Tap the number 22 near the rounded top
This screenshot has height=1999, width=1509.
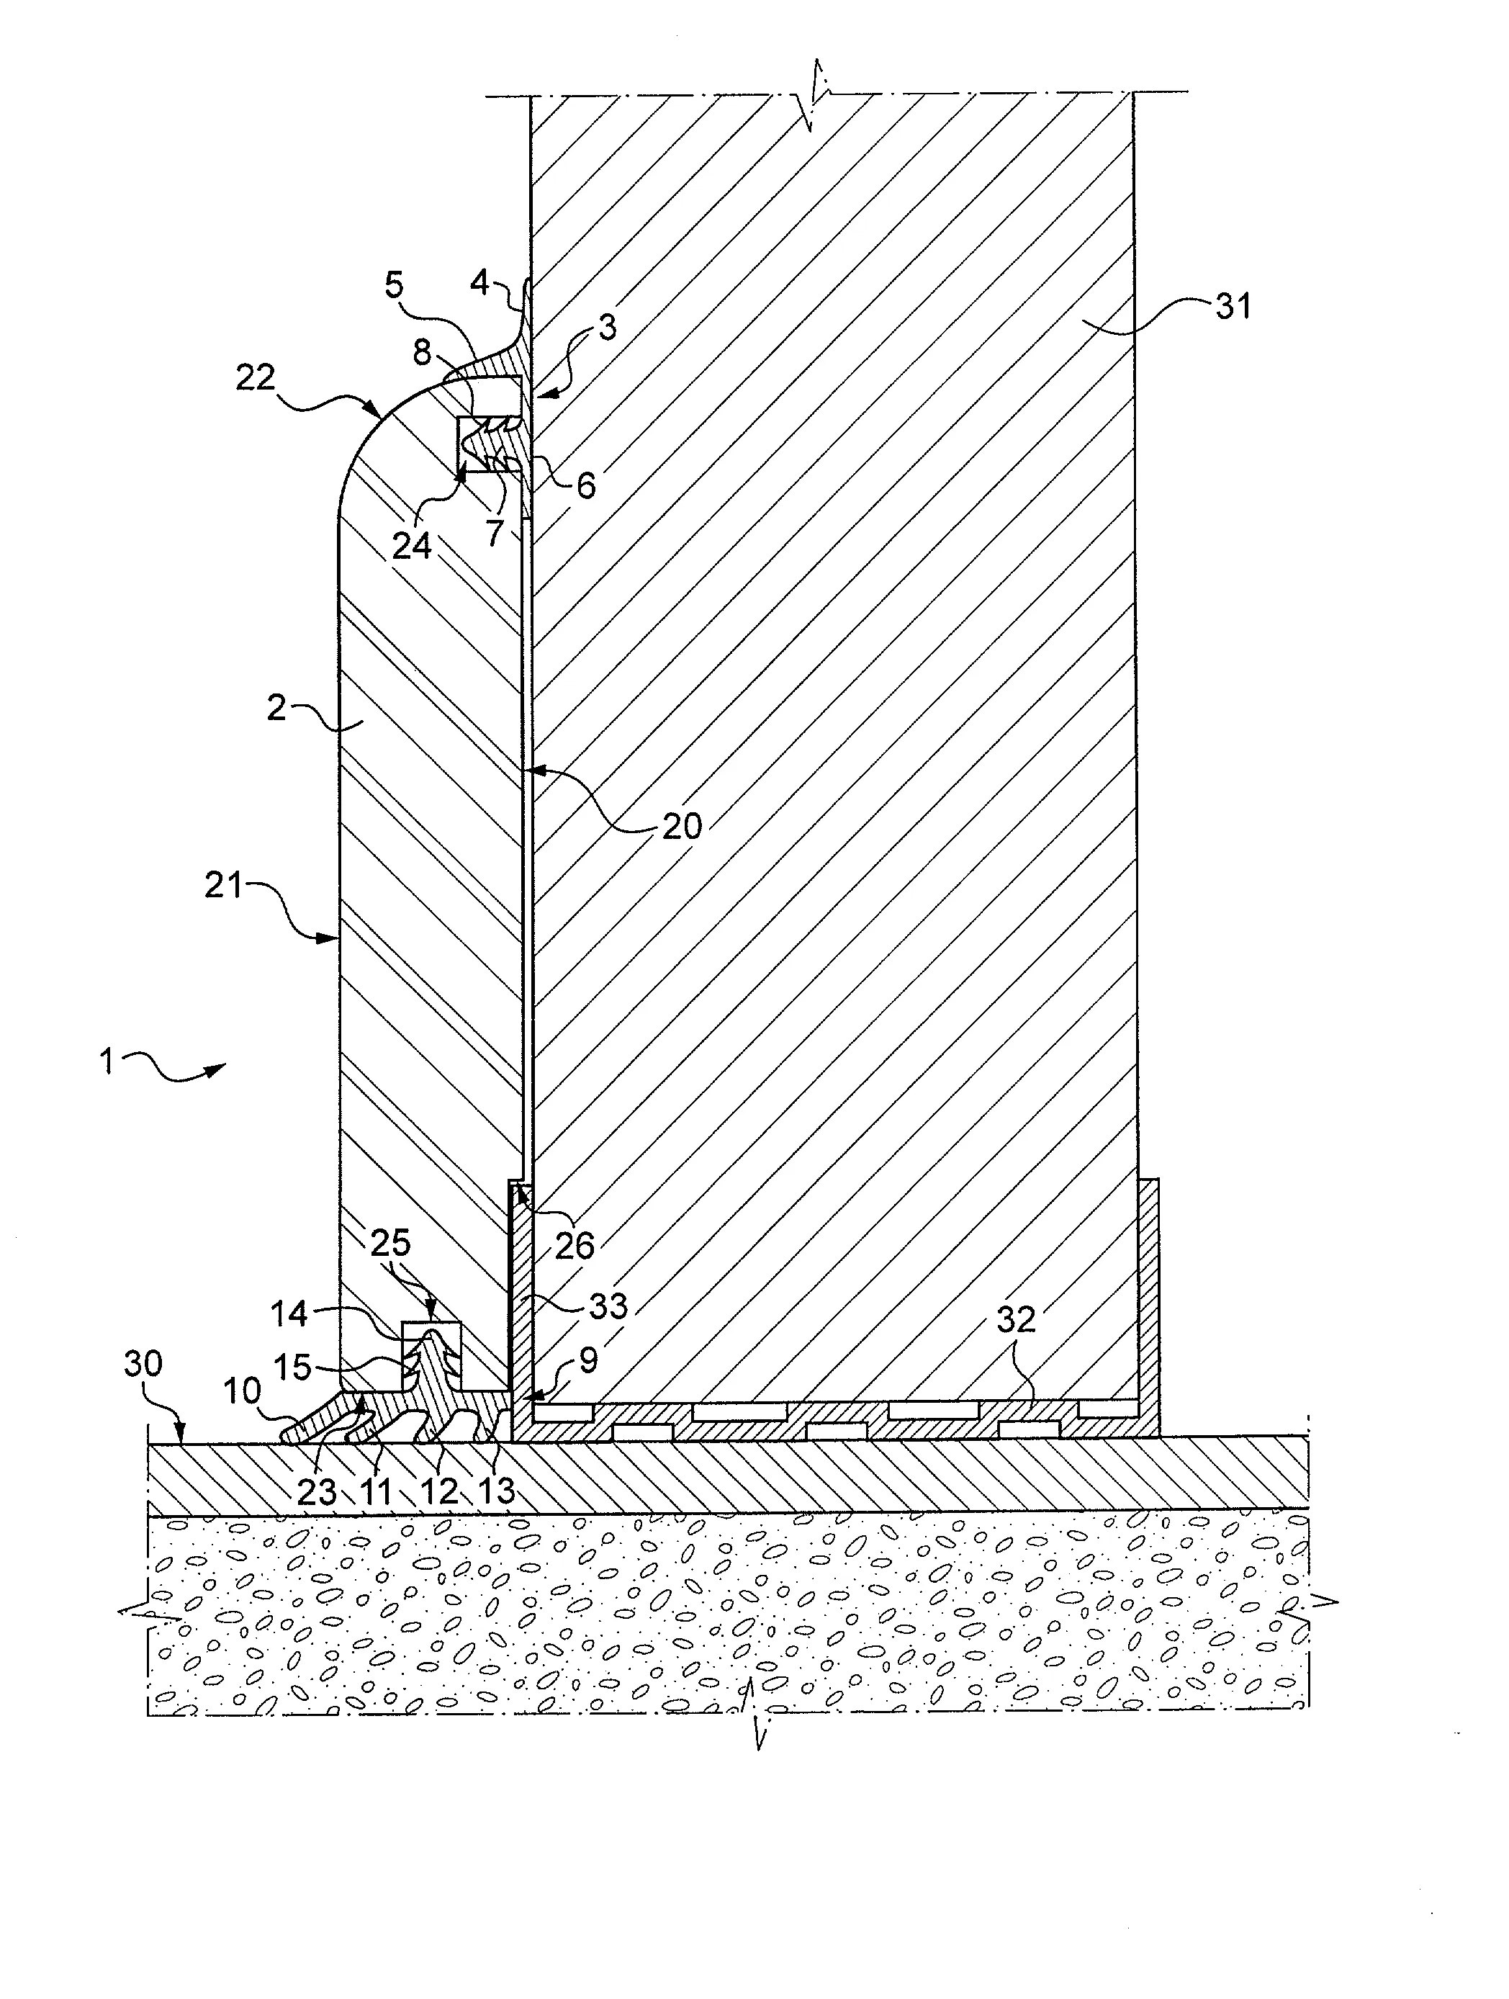[x=256, y=376]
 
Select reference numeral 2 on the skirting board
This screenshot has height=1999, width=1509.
[x=276, y=708]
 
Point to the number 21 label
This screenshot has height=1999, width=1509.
[x=224, y=885]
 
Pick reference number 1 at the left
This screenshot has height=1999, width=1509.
[x=107, y=1061]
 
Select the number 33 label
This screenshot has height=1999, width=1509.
[x=607, y=1305]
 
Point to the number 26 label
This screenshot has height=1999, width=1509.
[x=575, y=1246]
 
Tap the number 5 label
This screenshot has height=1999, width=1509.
[x=394, y=286]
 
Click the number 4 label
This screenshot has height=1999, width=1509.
[x=479, y=283]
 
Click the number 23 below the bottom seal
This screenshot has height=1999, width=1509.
[x=317, y=1491]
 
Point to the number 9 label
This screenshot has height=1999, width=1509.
[x=588, y=1361]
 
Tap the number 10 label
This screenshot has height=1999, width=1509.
[x=242, y=1392]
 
